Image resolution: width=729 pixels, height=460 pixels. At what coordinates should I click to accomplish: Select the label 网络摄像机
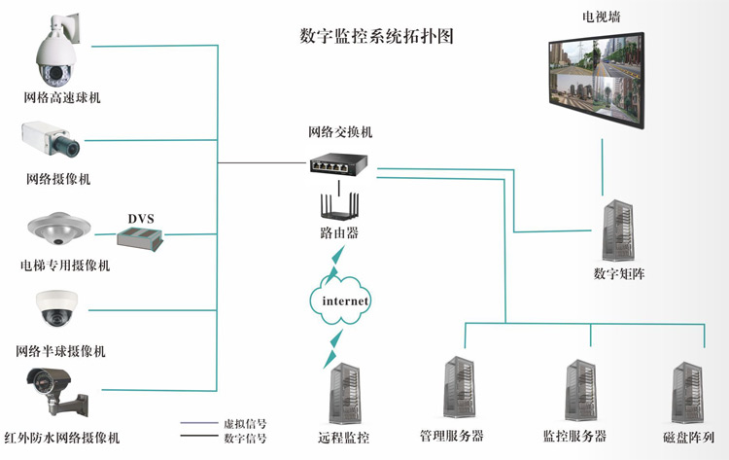pos(59,179)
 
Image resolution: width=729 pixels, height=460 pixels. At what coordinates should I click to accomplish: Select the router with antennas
pos(339,206)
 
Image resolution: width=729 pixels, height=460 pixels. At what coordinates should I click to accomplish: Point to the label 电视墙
pos(603,16)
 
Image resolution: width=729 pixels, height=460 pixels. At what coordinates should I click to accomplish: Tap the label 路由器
pos(339,233)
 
